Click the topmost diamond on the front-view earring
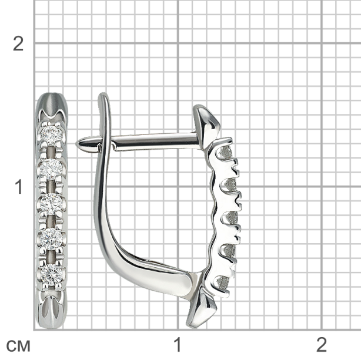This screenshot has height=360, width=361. pyautogui.click(x=51, y=134)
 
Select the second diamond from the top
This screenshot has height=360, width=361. pyautogui.click(x=51, y=169)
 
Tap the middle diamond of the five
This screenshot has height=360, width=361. pyautogui.click(x=51, y=203)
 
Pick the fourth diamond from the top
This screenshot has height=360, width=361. pyautogui.click(x=52, y=238)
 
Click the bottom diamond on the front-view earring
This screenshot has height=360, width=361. pyautogui.click(x=52, y=274)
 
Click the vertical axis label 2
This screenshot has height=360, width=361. pyautogui.click(x=18, y=43)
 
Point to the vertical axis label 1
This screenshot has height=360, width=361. pyautogui.click(x=19, y=187)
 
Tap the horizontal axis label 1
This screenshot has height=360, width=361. pyautogui.click(x=178, y=344)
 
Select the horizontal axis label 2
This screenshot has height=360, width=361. pyautogui.click(x=322, y=344)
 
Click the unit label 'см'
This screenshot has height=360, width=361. pyautogui.click(x=18, y=346)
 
